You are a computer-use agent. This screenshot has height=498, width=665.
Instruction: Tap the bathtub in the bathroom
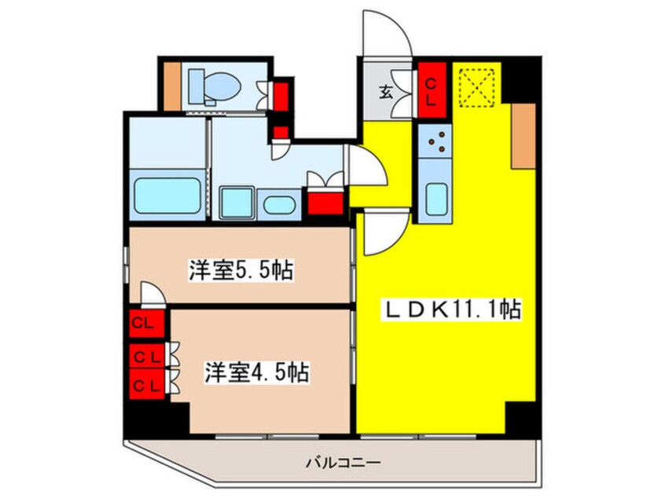(x=166, y=196)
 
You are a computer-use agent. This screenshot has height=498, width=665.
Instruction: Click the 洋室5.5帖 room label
(x=241, y=271)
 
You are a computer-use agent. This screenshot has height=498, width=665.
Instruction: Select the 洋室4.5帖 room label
(x=255, y=372)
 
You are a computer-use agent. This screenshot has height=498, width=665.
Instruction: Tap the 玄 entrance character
(x=386, y=91)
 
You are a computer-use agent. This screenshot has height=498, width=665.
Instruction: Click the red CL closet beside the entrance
(x=432, y=90)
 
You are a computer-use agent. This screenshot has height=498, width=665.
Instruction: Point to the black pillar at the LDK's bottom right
(x=520, y=416)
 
